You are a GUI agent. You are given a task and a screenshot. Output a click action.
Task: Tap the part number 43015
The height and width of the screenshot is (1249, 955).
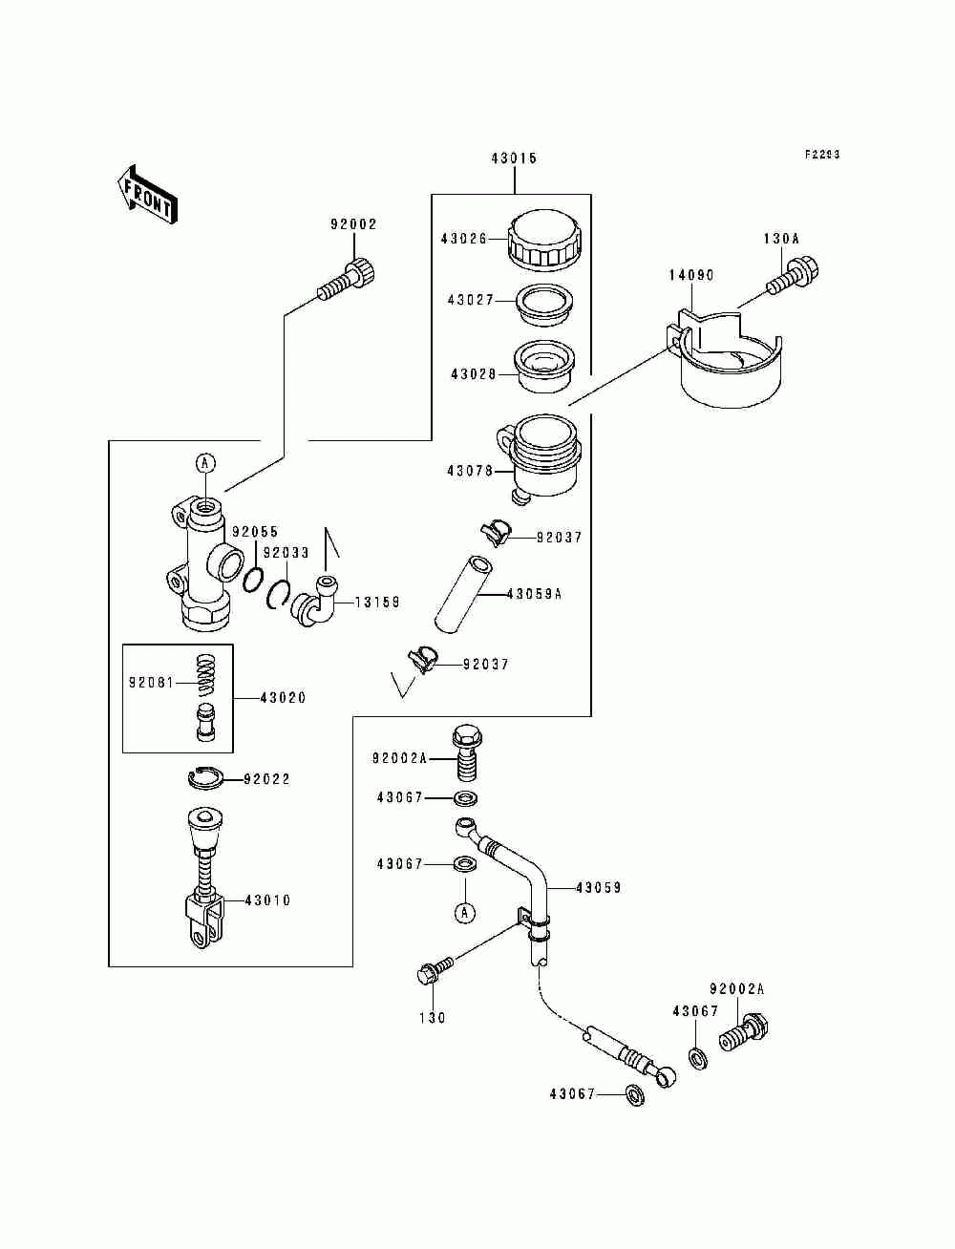click(x=514, y=159)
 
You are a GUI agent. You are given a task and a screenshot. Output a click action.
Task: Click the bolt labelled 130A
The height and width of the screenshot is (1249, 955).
click(x=794, y=276)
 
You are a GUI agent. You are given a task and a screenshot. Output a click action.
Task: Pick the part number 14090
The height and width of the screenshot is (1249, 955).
click(x=690, y=275)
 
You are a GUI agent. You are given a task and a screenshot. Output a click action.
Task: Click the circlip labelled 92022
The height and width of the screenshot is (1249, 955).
click(x=205, y=779)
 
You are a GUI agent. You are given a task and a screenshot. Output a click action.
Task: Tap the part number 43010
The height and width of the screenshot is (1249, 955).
click(x=267, y=900)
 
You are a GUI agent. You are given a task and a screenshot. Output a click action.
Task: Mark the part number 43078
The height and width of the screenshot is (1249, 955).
click(x=469, y=471)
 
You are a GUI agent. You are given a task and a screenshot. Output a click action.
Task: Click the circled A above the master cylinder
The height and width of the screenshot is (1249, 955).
click(x=205, y=463)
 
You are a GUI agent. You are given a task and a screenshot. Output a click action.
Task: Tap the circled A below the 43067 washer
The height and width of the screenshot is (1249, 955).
click(x=463, y=913)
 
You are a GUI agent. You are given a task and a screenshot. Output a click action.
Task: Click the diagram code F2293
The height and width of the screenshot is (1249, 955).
click(x=822, y=155)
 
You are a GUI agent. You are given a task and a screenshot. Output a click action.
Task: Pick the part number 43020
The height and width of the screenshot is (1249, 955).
click(x=283, y=698)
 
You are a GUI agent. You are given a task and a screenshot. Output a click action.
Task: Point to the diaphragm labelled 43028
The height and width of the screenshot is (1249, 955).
click(x=542, y=366)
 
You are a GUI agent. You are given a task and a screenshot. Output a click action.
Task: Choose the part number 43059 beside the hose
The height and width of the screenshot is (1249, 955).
click(x=598, y=888)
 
